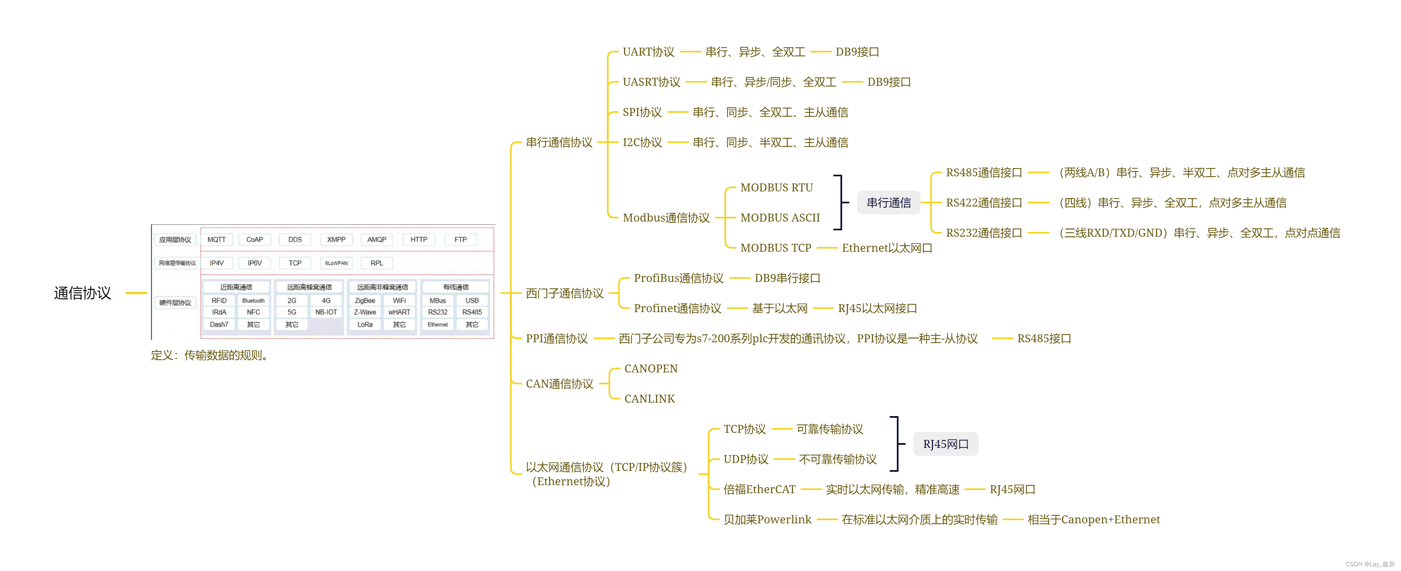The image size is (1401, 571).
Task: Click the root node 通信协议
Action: (x=82, y=293)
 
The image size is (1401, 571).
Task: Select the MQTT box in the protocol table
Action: (x=216, y=239)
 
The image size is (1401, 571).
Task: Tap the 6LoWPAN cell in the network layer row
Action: (x=336, y=263)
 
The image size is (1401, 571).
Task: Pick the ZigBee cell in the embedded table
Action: (x=365, y=301)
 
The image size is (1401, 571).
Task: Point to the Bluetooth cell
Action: (x=253, y=301)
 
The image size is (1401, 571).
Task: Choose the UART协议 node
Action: (x=648, y=52)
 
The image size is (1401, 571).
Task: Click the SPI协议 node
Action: (x=642, y=112)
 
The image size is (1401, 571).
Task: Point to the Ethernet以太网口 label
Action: (x=886, y=248)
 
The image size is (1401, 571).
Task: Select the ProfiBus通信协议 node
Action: (x=678, y=278)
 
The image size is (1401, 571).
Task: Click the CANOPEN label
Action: (x=650, y=369)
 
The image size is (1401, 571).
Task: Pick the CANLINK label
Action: (x=649, y=399)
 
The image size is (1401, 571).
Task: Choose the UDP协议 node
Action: (x=746, y=459)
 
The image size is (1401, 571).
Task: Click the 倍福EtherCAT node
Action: (x=759, y=490)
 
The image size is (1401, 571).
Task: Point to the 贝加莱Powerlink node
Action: (x=767, y=520)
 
